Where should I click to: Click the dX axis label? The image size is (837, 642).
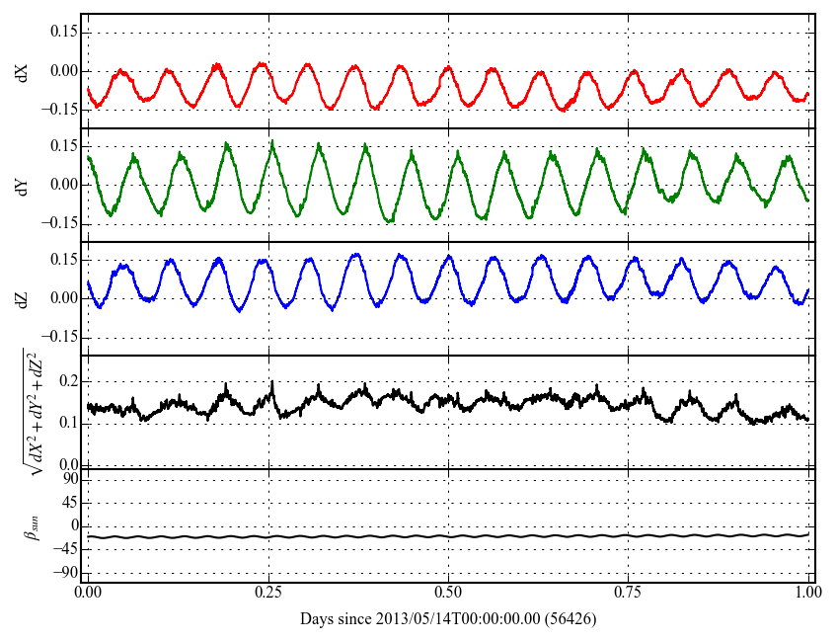22,71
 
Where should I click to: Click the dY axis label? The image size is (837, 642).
22,185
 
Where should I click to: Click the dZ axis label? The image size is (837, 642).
22,298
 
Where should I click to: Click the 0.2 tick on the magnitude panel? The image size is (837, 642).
65,380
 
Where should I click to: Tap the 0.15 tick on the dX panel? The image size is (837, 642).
62,33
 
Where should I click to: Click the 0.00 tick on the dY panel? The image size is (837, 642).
62,185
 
